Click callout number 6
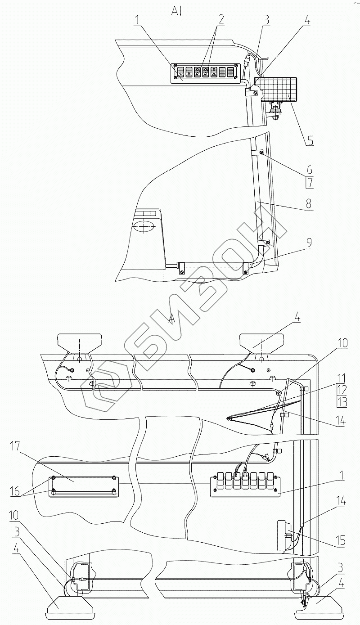(310, 170)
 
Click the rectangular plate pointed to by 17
(83, 486)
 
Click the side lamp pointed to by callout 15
(283, 536)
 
